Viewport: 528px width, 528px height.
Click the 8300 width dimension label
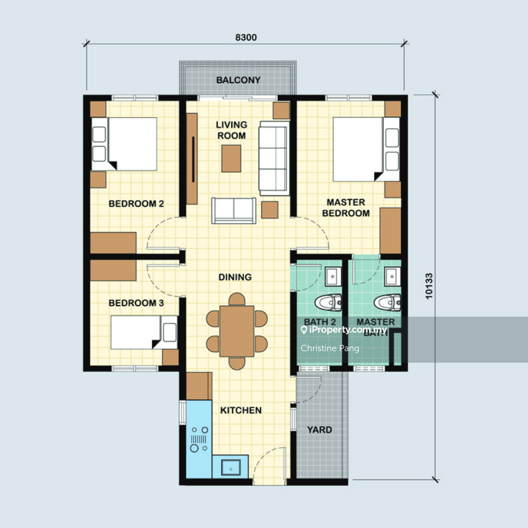pyautogui.click(x=246, y=37)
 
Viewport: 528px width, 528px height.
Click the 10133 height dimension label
pyautogui.click(x=429, y=286)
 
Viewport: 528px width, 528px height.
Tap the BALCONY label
pyautogui.click(x=238, y=80)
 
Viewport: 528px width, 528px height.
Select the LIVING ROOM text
pyautogui.click(x=232, y=130)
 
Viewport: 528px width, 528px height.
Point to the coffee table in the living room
pyautogui.click(x=231, y=159)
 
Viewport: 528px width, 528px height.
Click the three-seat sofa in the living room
pyautogui.click(x=274, y=158)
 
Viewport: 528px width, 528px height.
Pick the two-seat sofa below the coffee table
pyautogui.click(x=233, y=210)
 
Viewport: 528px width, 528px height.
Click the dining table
pyautogui.click(x=237, y=331)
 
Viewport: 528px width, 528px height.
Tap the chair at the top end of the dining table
pyautogui.click(x=237, y=299)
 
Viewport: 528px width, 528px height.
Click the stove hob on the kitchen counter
pyautogui.click(x=199, y=439)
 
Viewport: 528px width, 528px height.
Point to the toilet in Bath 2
pyautogui.click(x=328, y=302)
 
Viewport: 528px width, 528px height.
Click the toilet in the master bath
pyautogui.click(x=387, y=302)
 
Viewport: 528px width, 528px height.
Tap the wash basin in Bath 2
pyautogui.click(x=333, y=276)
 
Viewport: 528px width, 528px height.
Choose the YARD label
pyautogui.click(x=319, y=430)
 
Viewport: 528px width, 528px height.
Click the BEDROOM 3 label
pyautogui.click(x=136, y=303)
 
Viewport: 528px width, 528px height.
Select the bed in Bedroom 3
pyautogui.click(x=144, y=332)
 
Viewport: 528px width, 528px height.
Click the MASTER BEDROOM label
pyautogui.click(x=346, y=208)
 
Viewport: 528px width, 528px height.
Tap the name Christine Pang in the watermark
pyautogui.click(x=329, y=348)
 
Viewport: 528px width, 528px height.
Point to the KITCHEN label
pyautogui.click(x=241, y=410)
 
